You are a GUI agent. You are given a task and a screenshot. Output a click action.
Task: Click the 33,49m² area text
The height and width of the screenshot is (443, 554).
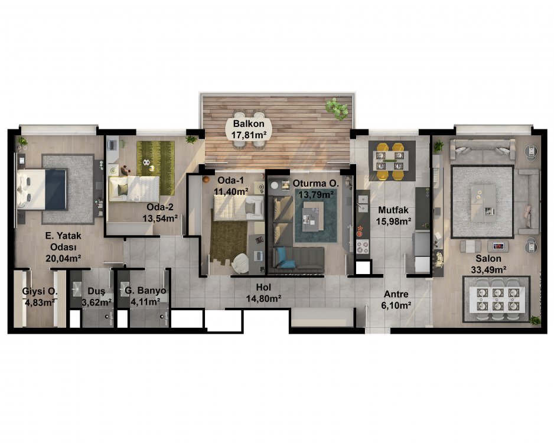[488, 270]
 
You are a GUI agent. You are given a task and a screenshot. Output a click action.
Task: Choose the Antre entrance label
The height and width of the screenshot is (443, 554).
[396, 294]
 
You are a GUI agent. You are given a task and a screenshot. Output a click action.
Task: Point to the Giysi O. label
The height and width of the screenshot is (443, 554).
[40, 291]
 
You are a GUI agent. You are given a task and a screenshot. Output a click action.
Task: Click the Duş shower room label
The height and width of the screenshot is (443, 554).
[96, 291]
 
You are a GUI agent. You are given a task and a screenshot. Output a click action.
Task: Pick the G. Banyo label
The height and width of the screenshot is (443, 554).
[145, 291]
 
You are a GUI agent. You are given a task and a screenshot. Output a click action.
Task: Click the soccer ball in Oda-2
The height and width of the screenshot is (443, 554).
[145, 162]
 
